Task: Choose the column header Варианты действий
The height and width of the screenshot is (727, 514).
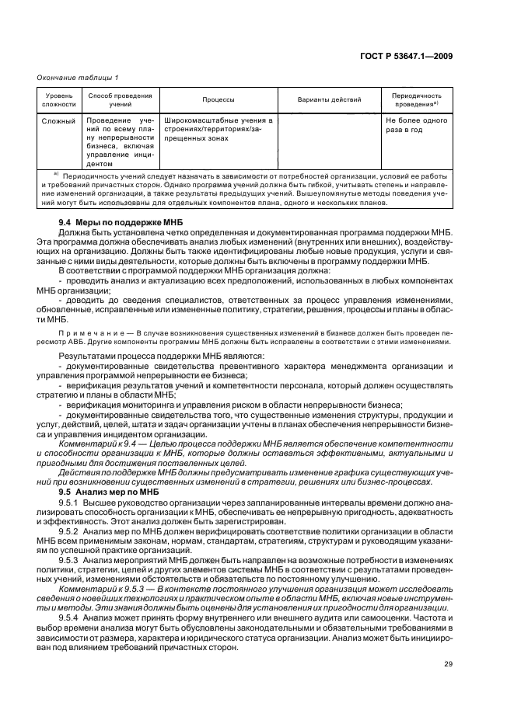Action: pyautogui.click(x=329, y=99)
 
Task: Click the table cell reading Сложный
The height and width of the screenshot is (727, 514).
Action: pyautogui.click(x=58, y=121)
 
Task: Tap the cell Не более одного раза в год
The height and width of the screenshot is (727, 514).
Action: pyautogui.click(x=416, y=126)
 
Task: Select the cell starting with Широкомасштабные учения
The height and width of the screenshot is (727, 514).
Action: pyautogui.click(x=218, y=130)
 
